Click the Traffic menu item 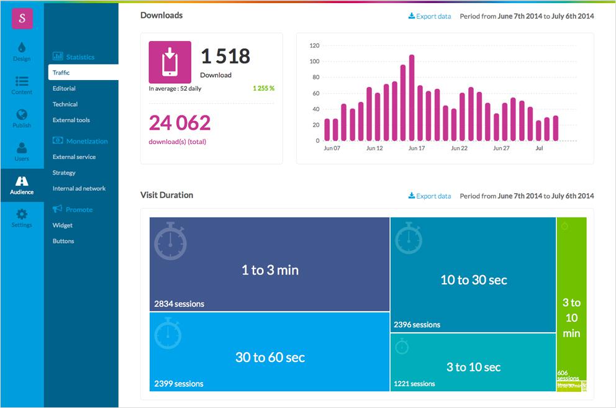coord(61,73)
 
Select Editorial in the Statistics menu coord(64,89)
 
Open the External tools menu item coord(71,120)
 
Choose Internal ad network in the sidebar coord(79,188)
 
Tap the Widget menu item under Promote coord(63,225)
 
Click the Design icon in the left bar coord(22,51)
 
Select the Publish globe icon coord(22,117)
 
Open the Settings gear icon coord(22,217)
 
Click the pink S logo coord(22,18)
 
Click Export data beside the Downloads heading coord(430,16)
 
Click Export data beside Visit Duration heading coord(430,196)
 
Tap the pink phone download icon coord(170,62)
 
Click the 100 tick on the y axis coord(314,61)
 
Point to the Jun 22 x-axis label coord(460,149)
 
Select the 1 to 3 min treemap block coord(269,270)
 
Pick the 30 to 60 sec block coord(269,358)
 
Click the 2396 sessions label coord(417,325)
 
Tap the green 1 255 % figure coord(263,88)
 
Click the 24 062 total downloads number coord(179,123)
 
